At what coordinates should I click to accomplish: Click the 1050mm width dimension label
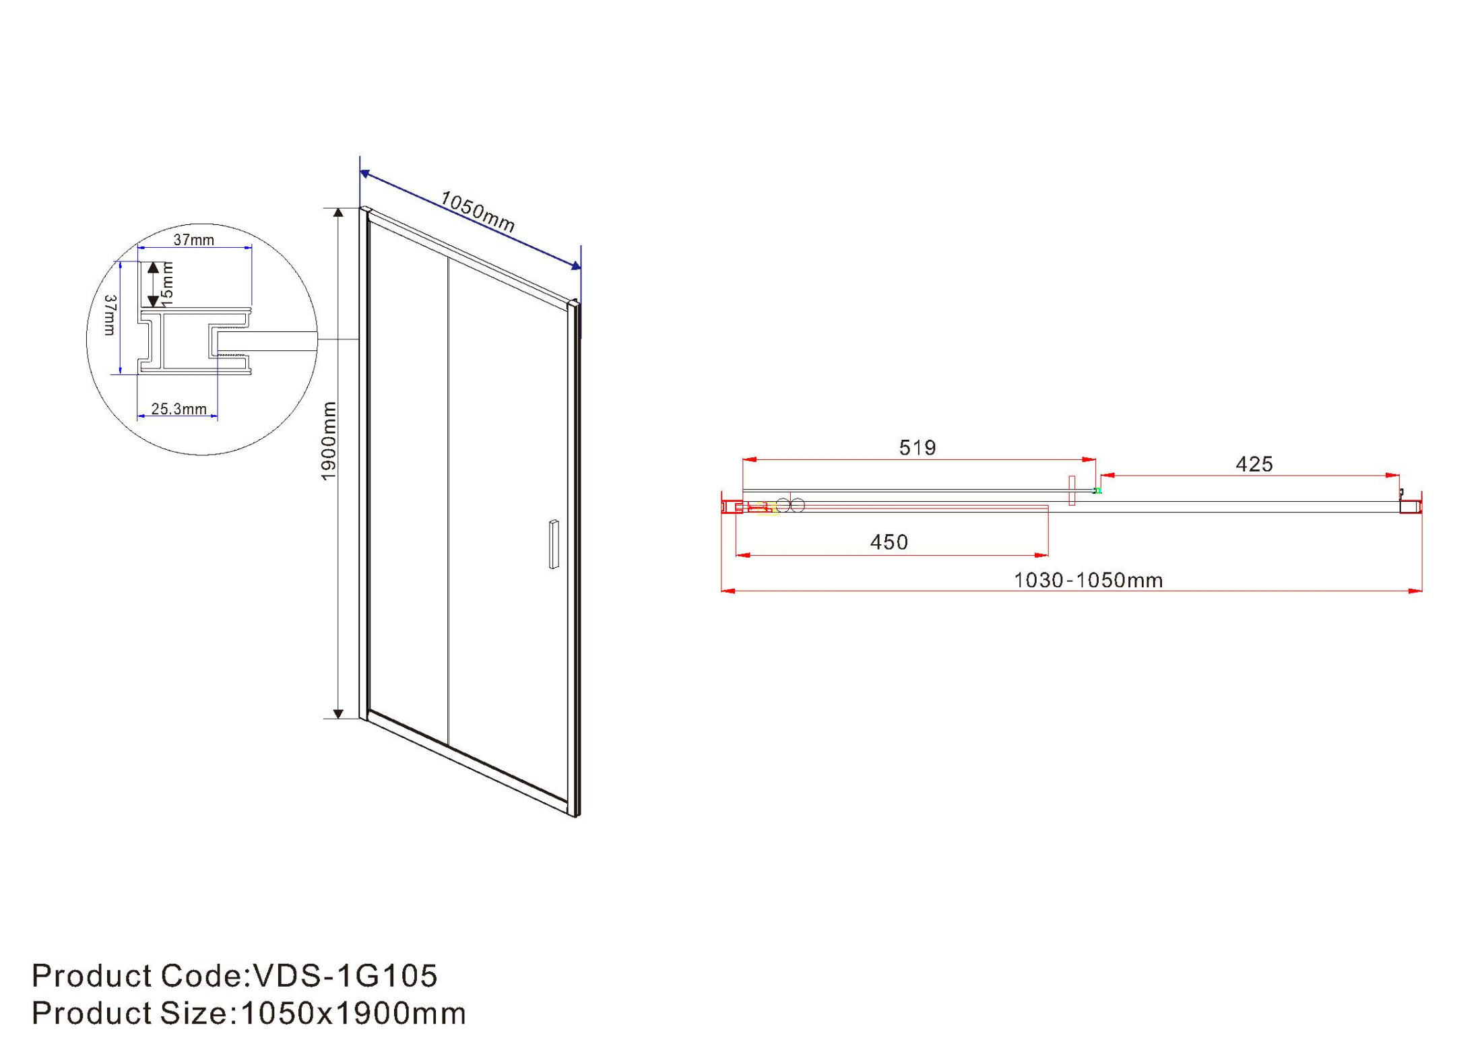point(478,211)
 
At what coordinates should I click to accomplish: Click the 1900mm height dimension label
point(328,440)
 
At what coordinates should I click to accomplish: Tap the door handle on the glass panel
point(554,544)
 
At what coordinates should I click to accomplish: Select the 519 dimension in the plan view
point(917,448)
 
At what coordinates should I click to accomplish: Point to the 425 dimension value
point(1254,464)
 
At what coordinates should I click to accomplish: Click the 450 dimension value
point(889,542)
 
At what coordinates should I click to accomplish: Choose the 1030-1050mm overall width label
point(1089,581)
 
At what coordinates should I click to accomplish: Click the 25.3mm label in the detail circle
point(179,409)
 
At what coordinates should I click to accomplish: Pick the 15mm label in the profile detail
point(168,284)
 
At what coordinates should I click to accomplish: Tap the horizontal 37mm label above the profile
point(193,240)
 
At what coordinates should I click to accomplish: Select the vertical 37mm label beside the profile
point(110,315)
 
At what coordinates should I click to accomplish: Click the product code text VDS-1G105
point(344,976)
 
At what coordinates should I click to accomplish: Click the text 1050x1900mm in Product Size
point(353,1014)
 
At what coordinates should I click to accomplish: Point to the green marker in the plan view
point(1098,491)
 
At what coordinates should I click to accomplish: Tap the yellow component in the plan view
point(767,509)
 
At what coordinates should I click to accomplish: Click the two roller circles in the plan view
point(790,505)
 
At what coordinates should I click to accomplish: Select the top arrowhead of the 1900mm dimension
point(339,213)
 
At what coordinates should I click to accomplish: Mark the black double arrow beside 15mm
point(154,284)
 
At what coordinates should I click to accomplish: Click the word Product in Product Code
point(91,976)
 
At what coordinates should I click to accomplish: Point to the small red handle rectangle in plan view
point(1072,490)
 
